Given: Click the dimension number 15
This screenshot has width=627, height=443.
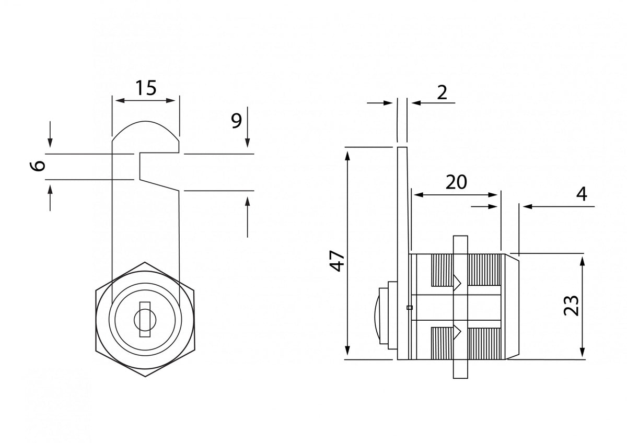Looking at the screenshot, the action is (x=146, y=88).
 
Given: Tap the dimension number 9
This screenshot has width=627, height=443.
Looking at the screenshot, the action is (x=236, y=121).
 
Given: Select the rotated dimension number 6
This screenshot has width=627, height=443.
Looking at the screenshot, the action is (x=37, y=166).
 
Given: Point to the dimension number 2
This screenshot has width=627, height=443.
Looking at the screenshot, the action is (x=442, y=92).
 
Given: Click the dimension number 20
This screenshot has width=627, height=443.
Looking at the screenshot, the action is (x=456, y=182).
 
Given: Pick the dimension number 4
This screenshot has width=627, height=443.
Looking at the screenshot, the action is (x=582, y=194).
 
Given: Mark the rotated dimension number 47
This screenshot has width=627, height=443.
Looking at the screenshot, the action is (x=337, y=261).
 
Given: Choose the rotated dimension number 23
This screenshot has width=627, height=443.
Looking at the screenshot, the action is (x=571, y=306).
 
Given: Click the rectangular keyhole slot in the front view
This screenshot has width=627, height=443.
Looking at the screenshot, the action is (x=145, y=319).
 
